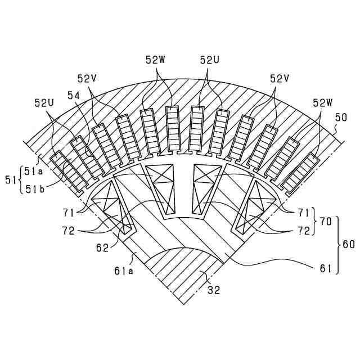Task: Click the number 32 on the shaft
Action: [x=214, y=291]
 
